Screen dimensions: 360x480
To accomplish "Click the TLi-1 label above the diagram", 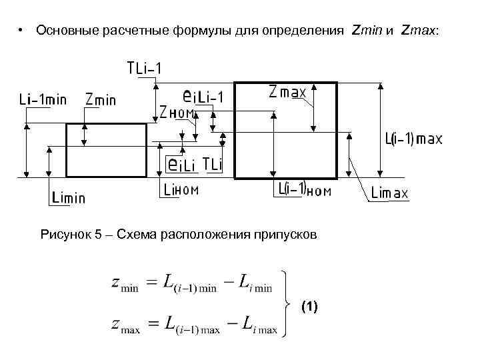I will click(147, 68).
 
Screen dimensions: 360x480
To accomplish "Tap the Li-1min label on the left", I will click(42, 99).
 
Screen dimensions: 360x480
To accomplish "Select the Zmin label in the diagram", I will click(101, 99).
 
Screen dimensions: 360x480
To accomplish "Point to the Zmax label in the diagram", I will click(287, 91).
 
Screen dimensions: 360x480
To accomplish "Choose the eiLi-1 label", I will click(203, 97).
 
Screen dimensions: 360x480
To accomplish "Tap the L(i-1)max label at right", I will click(413, 139).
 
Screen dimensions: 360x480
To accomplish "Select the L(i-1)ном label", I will click(304, 190).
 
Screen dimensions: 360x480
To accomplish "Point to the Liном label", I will click(181, 190).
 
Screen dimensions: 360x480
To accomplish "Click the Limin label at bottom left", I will click(68, 198).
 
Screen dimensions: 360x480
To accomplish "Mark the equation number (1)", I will click(309, 307).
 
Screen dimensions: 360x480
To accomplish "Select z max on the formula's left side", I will click(125, 326).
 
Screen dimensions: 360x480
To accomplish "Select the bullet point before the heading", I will click(21, 31).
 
